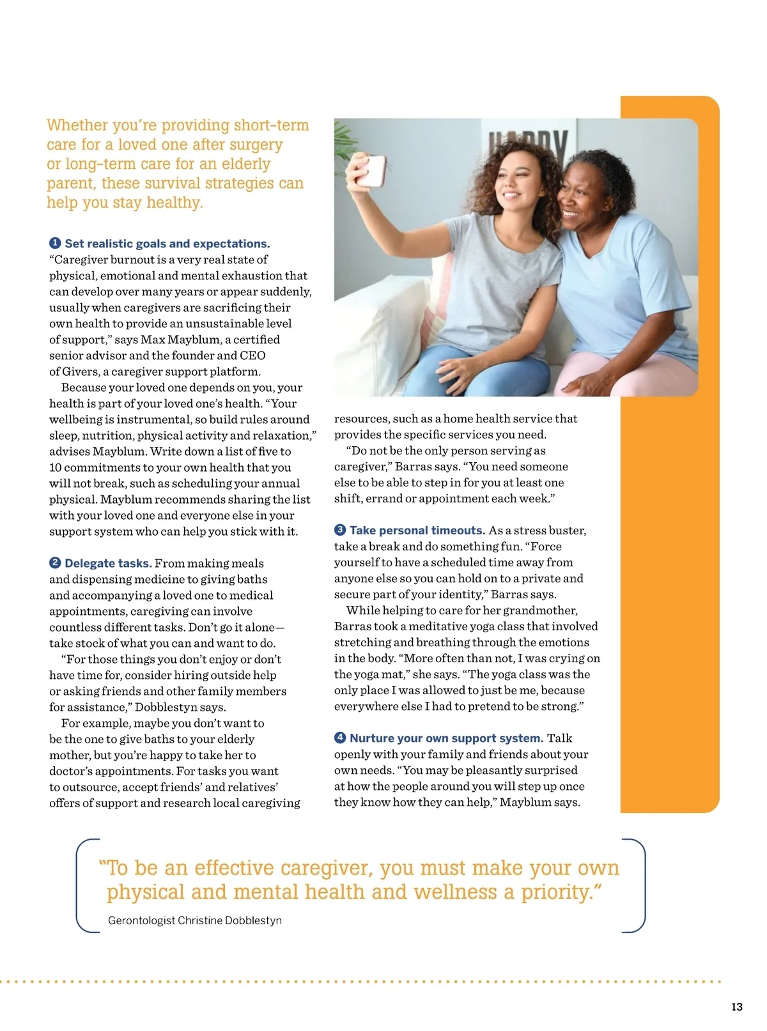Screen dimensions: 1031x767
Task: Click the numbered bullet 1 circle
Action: pos(55,243)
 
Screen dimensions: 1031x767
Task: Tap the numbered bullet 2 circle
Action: pos(55,562)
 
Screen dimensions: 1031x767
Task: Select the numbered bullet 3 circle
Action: pos(340,530)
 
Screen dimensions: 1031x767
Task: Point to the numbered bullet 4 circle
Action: pos(340,738)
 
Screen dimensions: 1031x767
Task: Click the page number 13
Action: pos(736,1007)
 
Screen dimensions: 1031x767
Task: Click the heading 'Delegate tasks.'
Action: pos(108,563)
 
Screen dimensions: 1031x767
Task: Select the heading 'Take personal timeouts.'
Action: pos(417,531)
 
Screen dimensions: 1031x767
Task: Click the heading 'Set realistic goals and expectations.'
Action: pos(167,244)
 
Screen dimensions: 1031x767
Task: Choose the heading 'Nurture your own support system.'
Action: pos(446,738)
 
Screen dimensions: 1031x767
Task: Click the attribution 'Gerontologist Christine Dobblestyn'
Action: pos(195,920)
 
